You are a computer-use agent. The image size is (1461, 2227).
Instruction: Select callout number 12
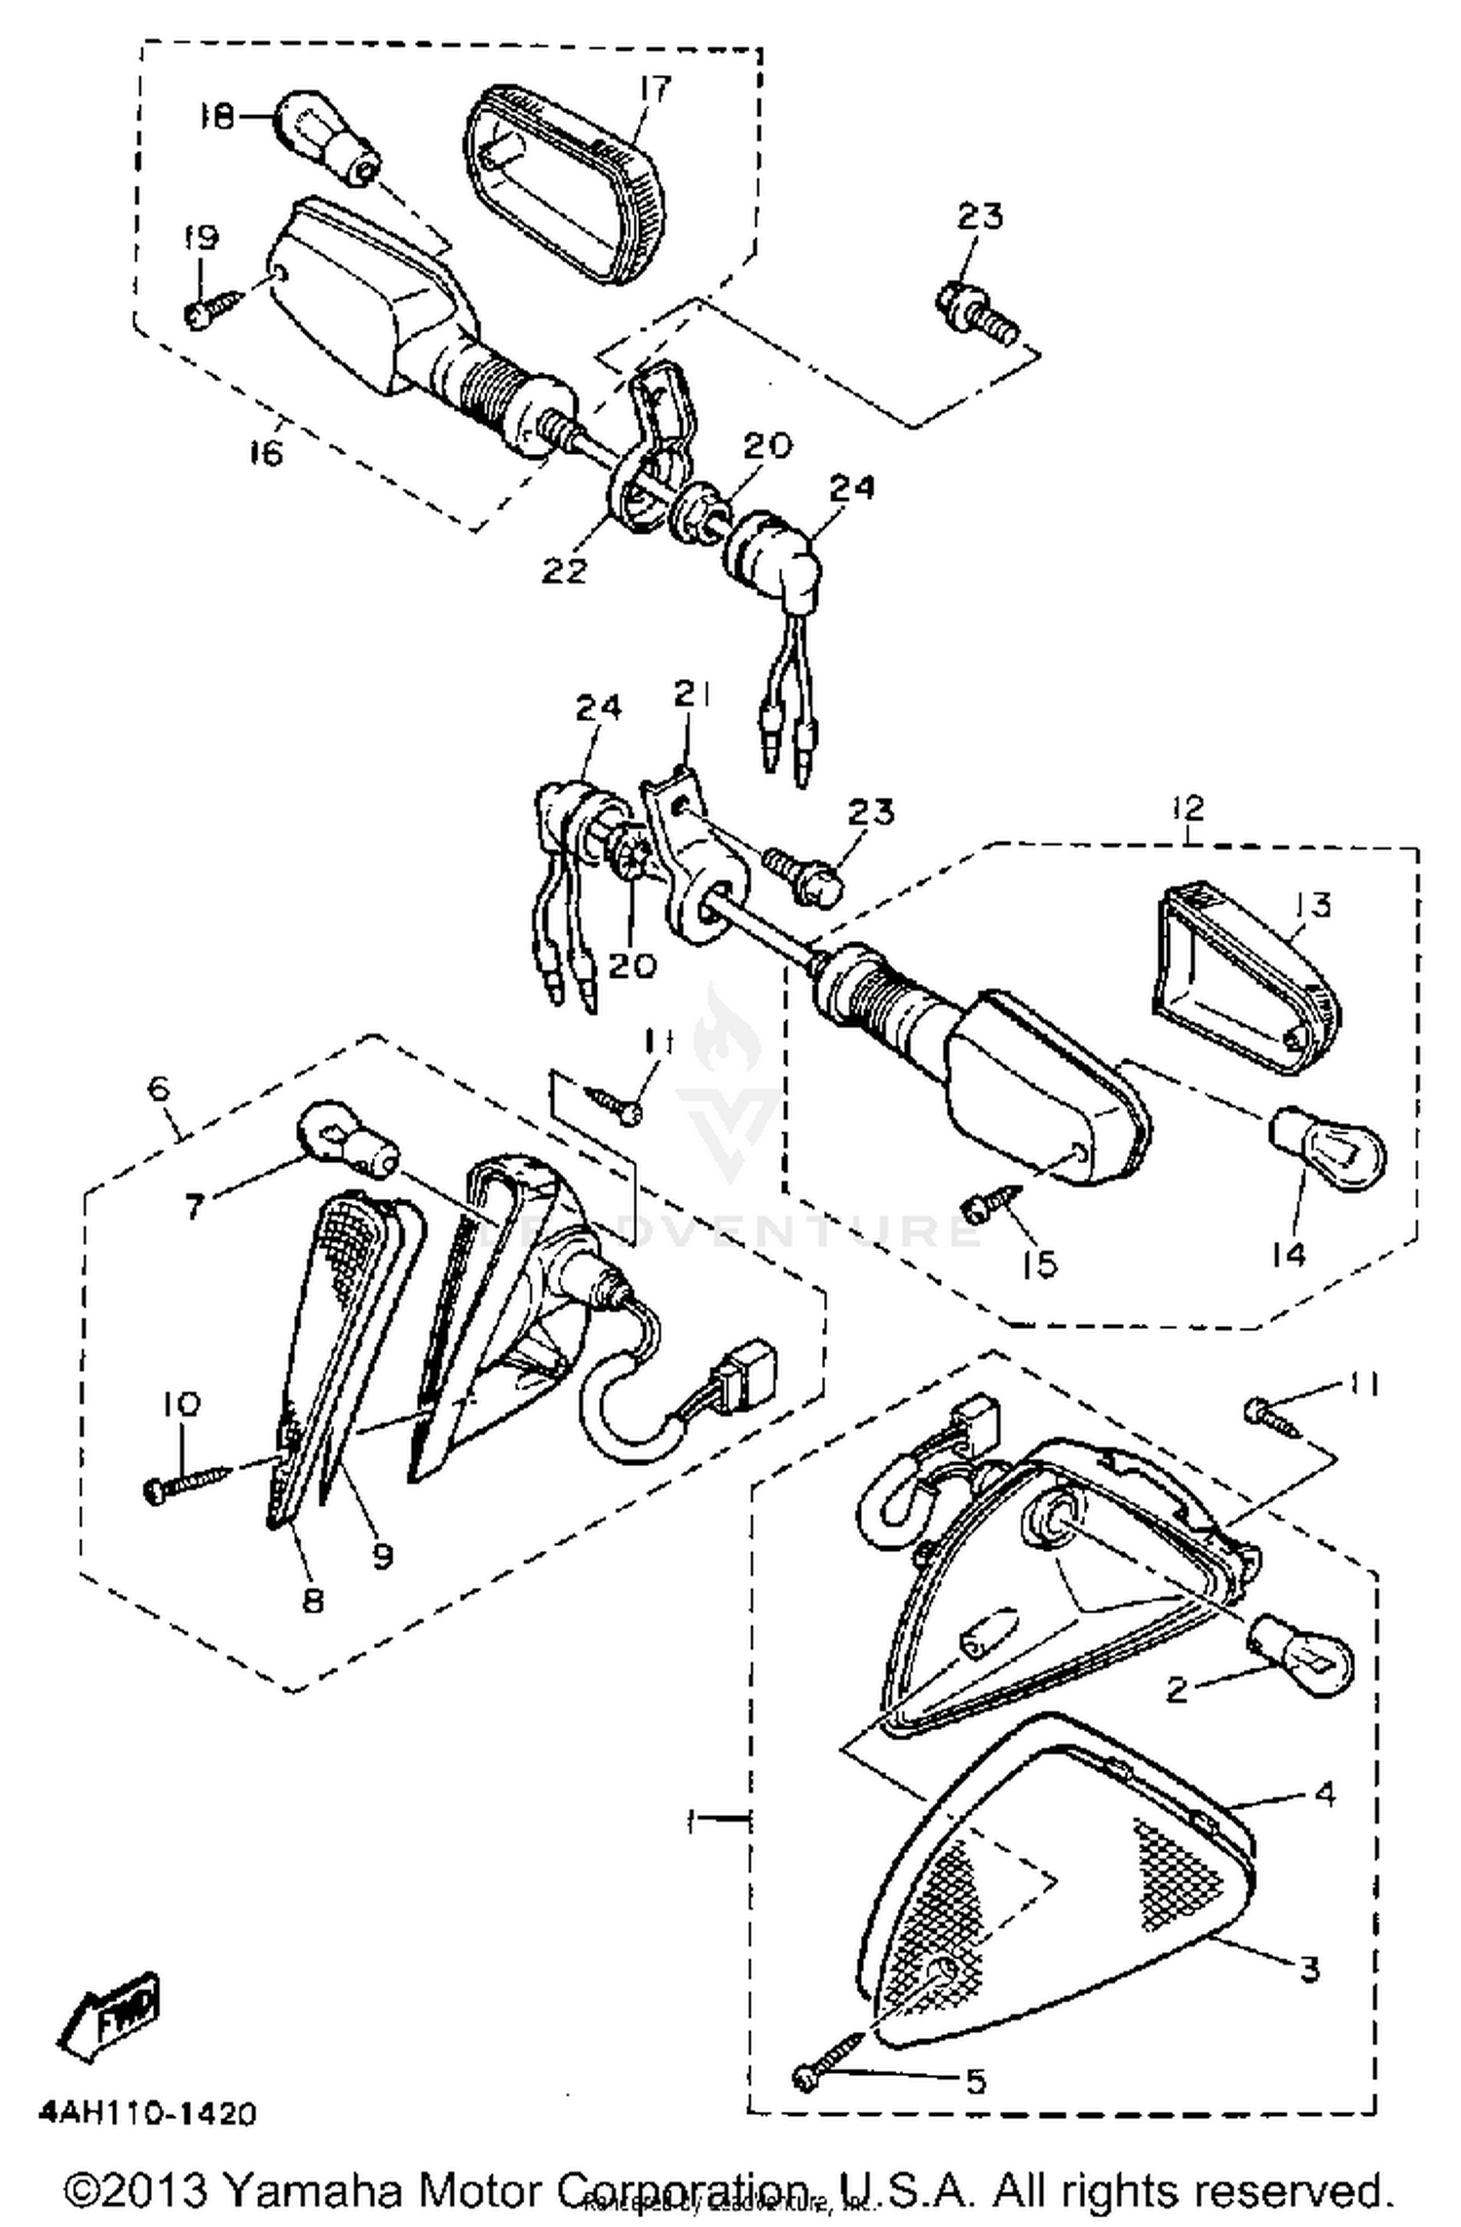coord(1188,807)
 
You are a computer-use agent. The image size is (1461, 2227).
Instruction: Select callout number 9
coord(383,1556)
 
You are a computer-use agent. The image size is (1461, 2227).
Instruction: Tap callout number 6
coord(160,1089)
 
